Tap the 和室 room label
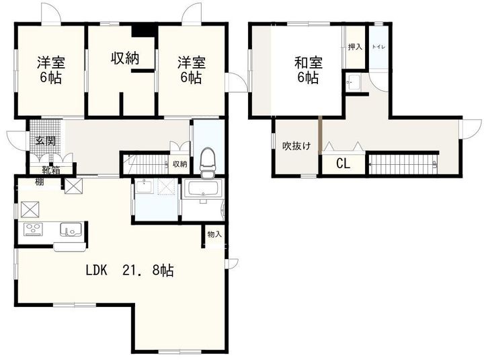coord(308,64)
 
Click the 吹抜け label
coord(296,145)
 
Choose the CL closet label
coord(343,163)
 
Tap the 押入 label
coord(354,46)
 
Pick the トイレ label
coord(378,47)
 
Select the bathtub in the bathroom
coord(203,190)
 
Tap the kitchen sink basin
coord(69,229)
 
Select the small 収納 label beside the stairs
coord(179,164)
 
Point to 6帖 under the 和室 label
coord(308,78)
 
